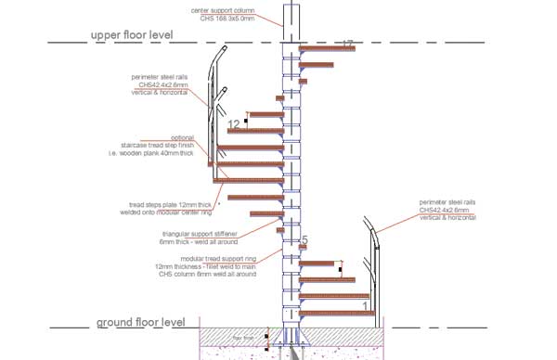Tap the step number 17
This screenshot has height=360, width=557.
(x=347, y=44)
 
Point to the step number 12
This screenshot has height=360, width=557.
(x=235, y=123)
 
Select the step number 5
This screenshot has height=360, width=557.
(x=304, y=241)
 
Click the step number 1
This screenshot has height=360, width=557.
(x=366, y=304)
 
